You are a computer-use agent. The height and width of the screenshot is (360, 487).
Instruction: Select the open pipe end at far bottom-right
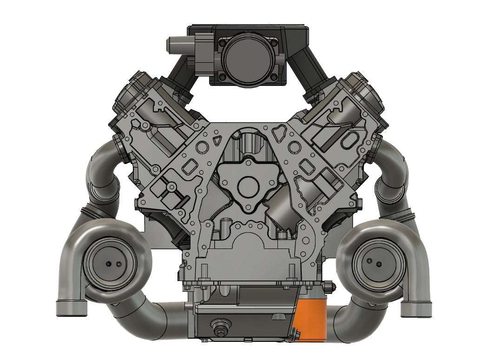pos(415,307)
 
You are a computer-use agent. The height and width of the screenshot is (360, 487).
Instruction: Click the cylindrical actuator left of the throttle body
pos(176,45)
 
